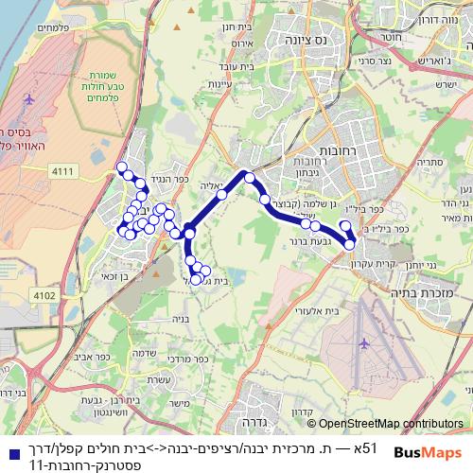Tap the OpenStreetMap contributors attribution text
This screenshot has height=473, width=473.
390,423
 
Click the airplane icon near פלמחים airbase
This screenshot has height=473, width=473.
30,97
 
